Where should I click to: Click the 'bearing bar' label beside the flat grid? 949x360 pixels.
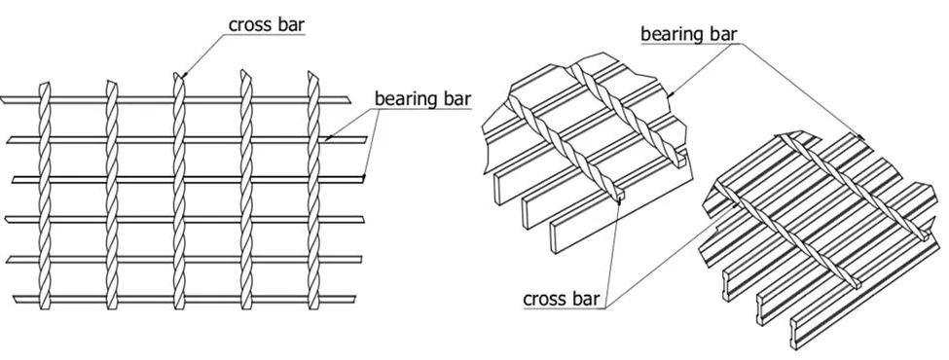pos(416,98)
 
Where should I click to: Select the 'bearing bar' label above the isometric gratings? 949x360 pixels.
pos(688,34)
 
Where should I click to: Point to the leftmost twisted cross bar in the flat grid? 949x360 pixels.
pos(43,175)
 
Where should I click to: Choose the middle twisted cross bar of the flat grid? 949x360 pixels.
pos(178,175)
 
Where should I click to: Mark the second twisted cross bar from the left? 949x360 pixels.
pos(111,175)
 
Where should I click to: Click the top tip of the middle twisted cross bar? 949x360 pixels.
pos(176,74)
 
